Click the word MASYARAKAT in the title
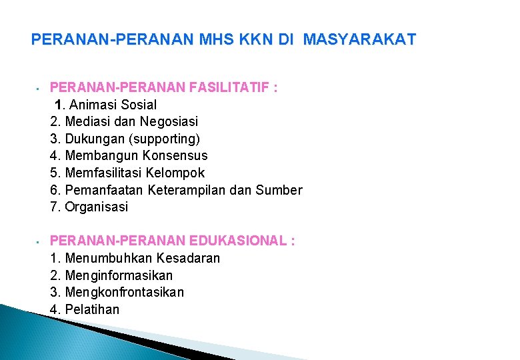click(x=359, y=40)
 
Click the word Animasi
click(x=91, y=105)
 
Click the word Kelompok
click(x=176, y=173)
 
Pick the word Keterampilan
click(x=205, y=190)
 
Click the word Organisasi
click(x=97, y=207)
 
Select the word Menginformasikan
click(x=119, y=275)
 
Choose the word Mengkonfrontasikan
click(x=125, y=292)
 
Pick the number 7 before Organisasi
click(x=54, y=207)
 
